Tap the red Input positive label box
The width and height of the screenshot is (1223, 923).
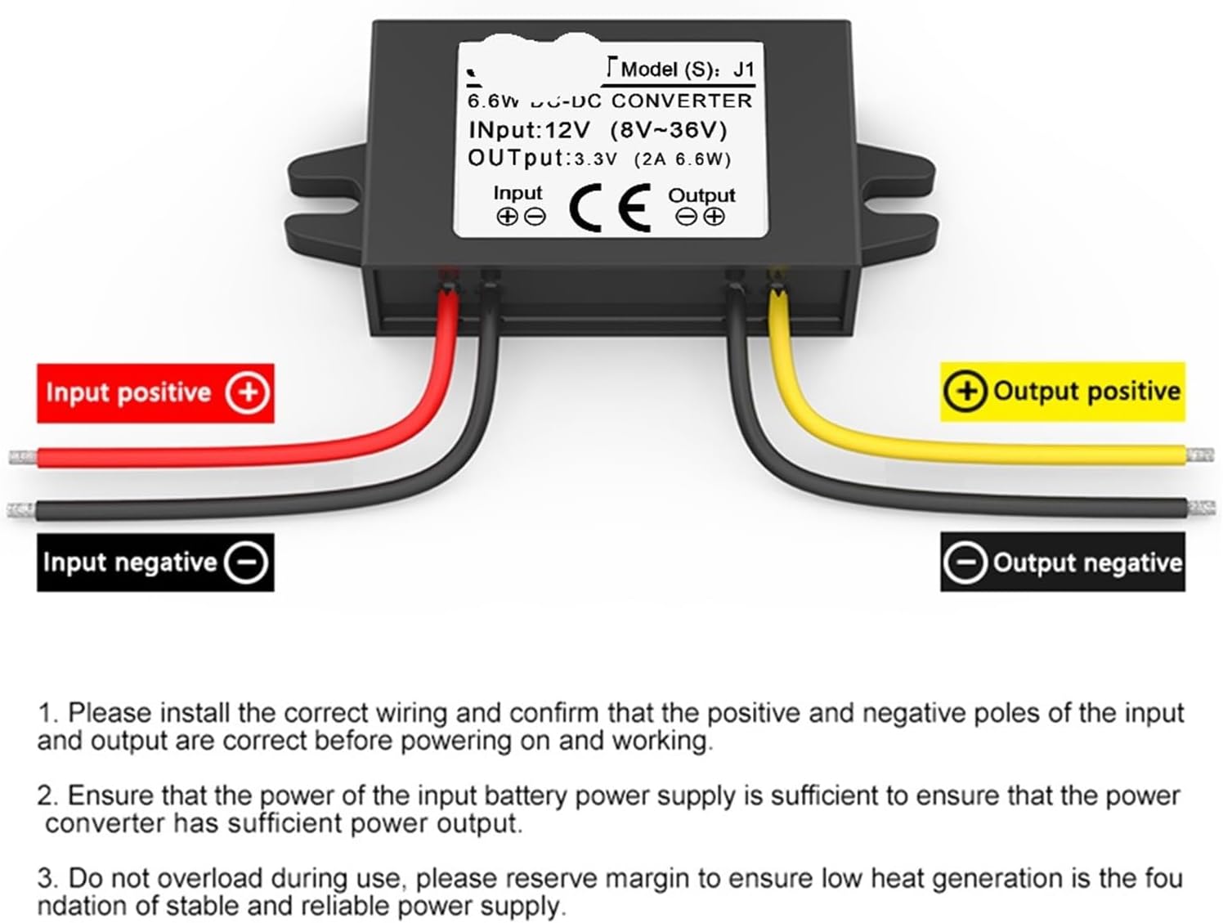(x=155, y=393)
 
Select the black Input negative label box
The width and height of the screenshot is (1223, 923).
(x=155, y=562)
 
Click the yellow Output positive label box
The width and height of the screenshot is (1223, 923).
(x=1062, y=392)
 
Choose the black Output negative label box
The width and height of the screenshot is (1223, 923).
(x=1062, y=562)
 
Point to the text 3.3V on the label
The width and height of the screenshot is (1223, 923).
(x=595, y=159)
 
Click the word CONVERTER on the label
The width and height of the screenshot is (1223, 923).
(x=681, y=101)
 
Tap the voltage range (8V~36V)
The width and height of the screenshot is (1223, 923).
(x=668, y=130)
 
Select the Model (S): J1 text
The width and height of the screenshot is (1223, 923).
(x=687, y=69)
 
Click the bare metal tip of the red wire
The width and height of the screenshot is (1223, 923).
(x=22, y=457)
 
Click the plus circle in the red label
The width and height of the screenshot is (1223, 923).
(x=248, y=393)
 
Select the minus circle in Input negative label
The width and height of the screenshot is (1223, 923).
(x=246, y=562)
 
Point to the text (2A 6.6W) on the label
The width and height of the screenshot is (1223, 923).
(x=682, y=159)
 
